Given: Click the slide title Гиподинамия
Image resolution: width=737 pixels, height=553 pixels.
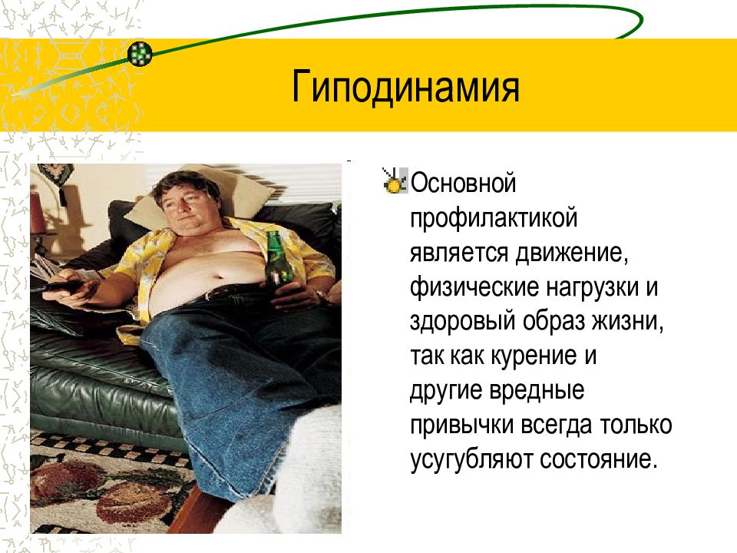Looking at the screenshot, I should coord(405,86).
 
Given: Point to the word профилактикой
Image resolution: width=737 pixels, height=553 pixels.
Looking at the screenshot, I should coord(493,219).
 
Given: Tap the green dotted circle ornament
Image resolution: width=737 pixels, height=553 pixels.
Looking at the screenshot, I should coord(140,53).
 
